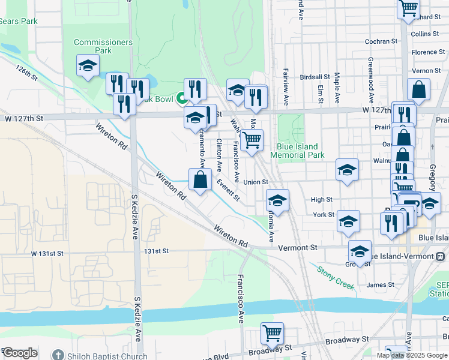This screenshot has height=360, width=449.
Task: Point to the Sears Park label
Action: pyautogui.click(x=18, y=21)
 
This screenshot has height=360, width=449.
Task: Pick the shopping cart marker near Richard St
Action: pyautogui.click(x=408, y=8)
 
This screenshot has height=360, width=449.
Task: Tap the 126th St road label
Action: pyautogui.click(x=27, y=74)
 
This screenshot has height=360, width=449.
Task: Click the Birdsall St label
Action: pyautogui.click(x=315, y=77)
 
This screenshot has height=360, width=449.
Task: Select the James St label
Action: pyautogui.click(x=380, y=285)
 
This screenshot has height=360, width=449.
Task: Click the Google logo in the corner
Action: pyautogui.click(x=20, y=353)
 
